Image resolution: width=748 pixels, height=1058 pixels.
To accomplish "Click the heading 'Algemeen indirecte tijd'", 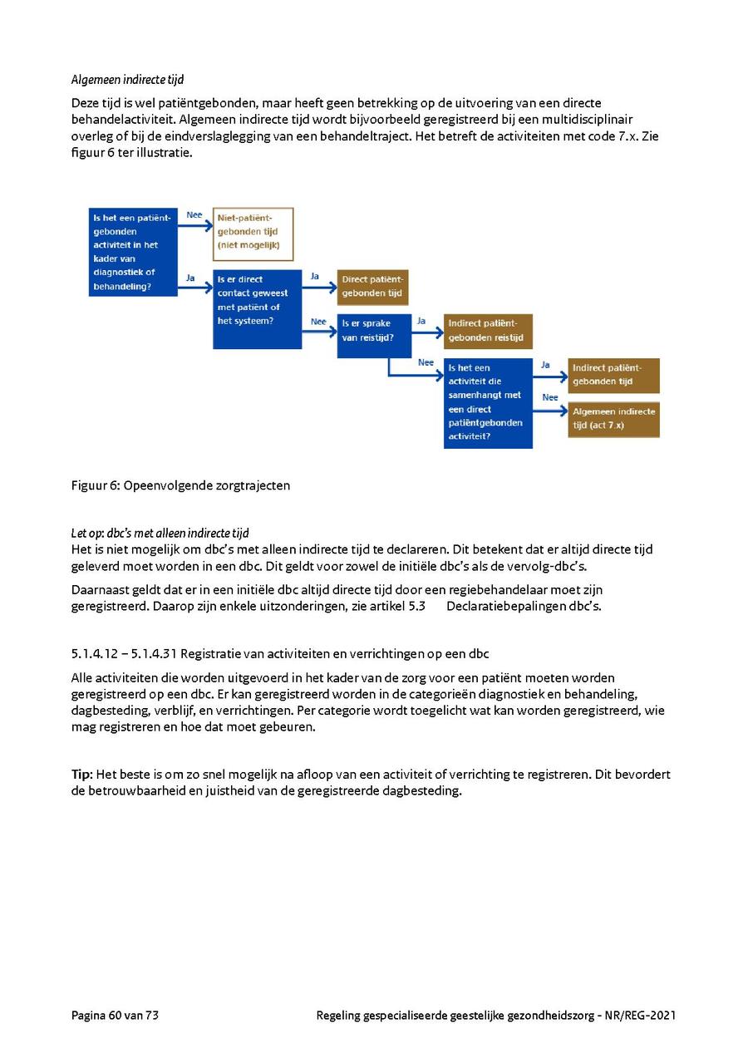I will (x=127, y=80).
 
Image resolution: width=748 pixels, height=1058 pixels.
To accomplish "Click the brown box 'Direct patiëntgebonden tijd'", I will (x=372, y=287).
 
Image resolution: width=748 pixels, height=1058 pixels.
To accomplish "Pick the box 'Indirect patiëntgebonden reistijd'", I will (x=488, y=331).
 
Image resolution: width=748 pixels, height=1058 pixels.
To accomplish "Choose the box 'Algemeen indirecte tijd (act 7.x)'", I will (x=613, y=419).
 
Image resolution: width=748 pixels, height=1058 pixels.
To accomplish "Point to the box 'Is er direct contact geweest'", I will (x=257, y=308).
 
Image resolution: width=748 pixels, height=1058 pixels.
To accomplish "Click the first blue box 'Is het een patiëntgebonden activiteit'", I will (x=132, y=252).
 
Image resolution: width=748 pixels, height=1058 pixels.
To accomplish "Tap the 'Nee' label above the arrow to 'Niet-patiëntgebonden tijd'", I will (x=194, y=214).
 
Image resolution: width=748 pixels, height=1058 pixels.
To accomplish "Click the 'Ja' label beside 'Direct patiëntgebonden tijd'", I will (x=315, y=276).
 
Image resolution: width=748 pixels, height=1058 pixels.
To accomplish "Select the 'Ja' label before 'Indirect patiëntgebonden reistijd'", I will (x=421, y=320).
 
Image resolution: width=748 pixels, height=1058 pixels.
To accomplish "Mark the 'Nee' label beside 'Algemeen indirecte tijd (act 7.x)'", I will (x=550, y=397).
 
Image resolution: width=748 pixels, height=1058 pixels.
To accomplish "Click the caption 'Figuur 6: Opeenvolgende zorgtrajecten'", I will (x=180, y=485).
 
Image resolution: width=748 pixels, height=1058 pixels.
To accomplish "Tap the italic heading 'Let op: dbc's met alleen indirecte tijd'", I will (x=160, y=533).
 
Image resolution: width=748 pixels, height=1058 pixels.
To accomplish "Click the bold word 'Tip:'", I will (x=81, y=775).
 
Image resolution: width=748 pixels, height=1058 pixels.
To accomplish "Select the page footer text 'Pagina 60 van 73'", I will (x=115, y=1015).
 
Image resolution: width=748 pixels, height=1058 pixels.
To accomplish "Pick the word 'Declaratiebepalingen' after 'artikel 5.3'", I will (x=500, y=606).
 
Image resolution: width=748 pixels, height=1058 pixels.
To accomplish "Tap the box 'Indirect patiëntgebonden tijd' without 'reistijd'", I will (x=613, y=375).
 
